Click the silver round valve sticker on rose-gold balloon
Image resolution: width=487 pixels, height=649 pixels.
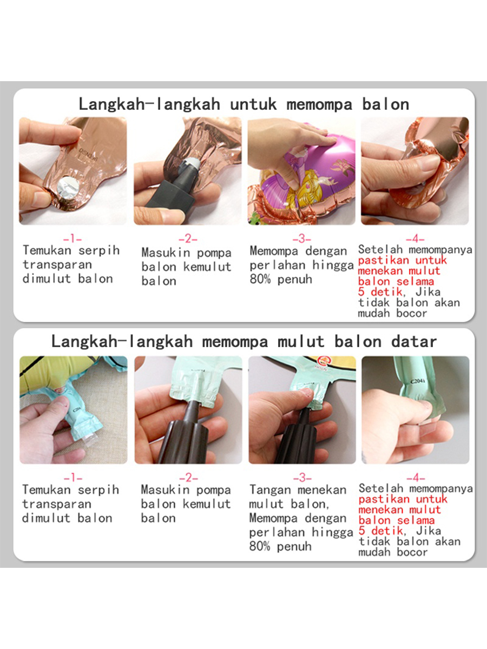pos(68,188)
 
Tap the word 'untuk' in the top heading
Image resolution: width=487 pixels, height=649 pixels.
pos(253,104)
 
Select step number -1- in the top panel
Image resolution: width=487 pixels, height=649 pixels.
pos(73,239)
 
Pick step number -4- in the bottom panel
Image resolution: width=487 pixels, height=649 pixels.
pos(416,478)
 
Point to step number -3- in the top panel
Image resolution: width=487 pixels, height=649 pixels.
pos(301,239)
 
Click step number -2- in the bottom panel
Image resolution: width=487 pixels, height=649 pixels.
pos(188,478)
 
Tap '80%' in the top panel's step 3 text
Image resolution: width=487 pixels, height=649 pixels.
pos(260,279)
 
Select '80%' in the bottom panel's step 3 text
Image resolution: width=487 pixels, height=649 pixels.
pos(260,546)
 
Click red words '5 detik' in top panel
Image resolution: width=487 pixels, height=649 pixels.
pos(380,292)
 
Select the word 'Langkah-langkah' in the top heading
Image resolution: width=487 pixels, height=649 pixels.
pos(149,104)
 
